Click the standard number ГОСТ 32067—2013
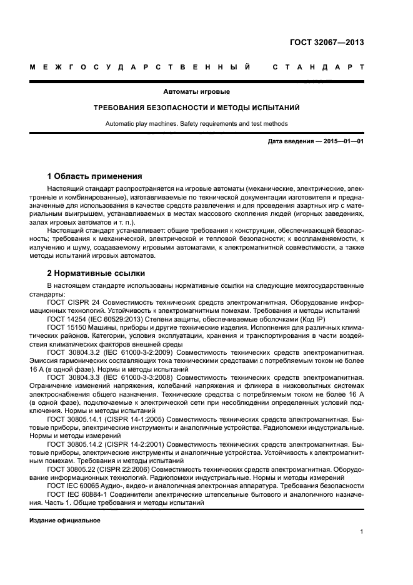pyautogui.click(x=327, y=43)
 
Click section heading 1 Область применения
pyautogui.click(x=95, y=176)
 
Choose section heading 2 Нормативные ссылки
pyautogui.click(x=96, y=273)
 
